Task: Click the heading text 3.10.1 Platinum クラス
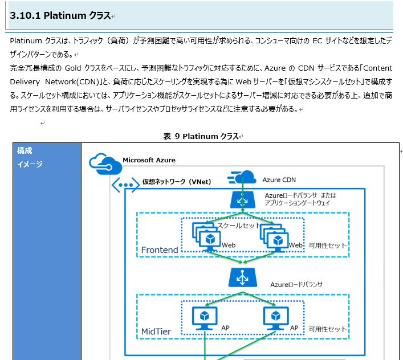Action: [x=60, y=15]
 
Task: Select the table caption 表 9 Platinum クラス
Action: [x=201, y=136]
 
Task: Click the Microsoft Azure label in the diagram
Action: [x=149, y=160]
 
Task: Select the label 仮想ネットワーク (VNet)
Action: [x=176, y=182]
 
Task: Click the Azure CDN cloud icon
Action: [x=242, y=178]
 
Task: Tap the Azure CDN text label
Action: [x=279, y=180]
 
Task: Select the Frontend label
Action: [x=160, y=249]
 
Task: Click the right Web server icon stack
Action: [x=272, y=237]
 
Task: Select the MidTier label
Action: [x=156, y=331]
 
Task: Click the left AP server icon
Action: [x=205, y=317]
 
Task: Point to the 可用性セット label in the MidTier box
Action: [x=327, y=329]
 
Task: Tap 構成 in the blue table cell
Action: [x=25, y=150]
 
